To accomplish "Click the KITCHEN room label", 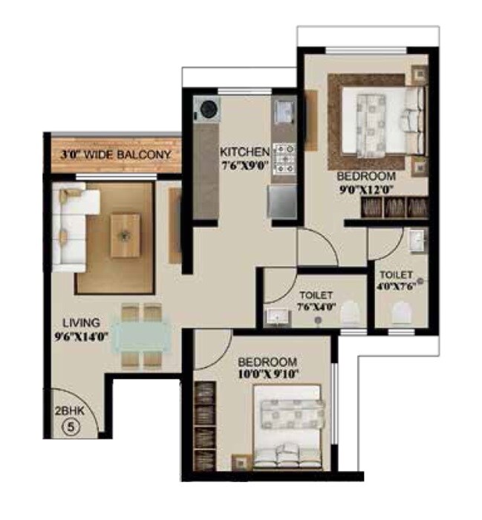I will pos(244,152).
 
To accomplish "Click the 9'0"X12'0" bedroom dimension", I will pos(367,189).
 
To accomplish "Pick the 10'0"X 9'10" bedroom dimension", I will pos(268,374).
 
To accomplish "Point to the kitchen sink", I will pos(284,111).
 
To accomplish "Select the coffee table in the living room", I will pos(125,235).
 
